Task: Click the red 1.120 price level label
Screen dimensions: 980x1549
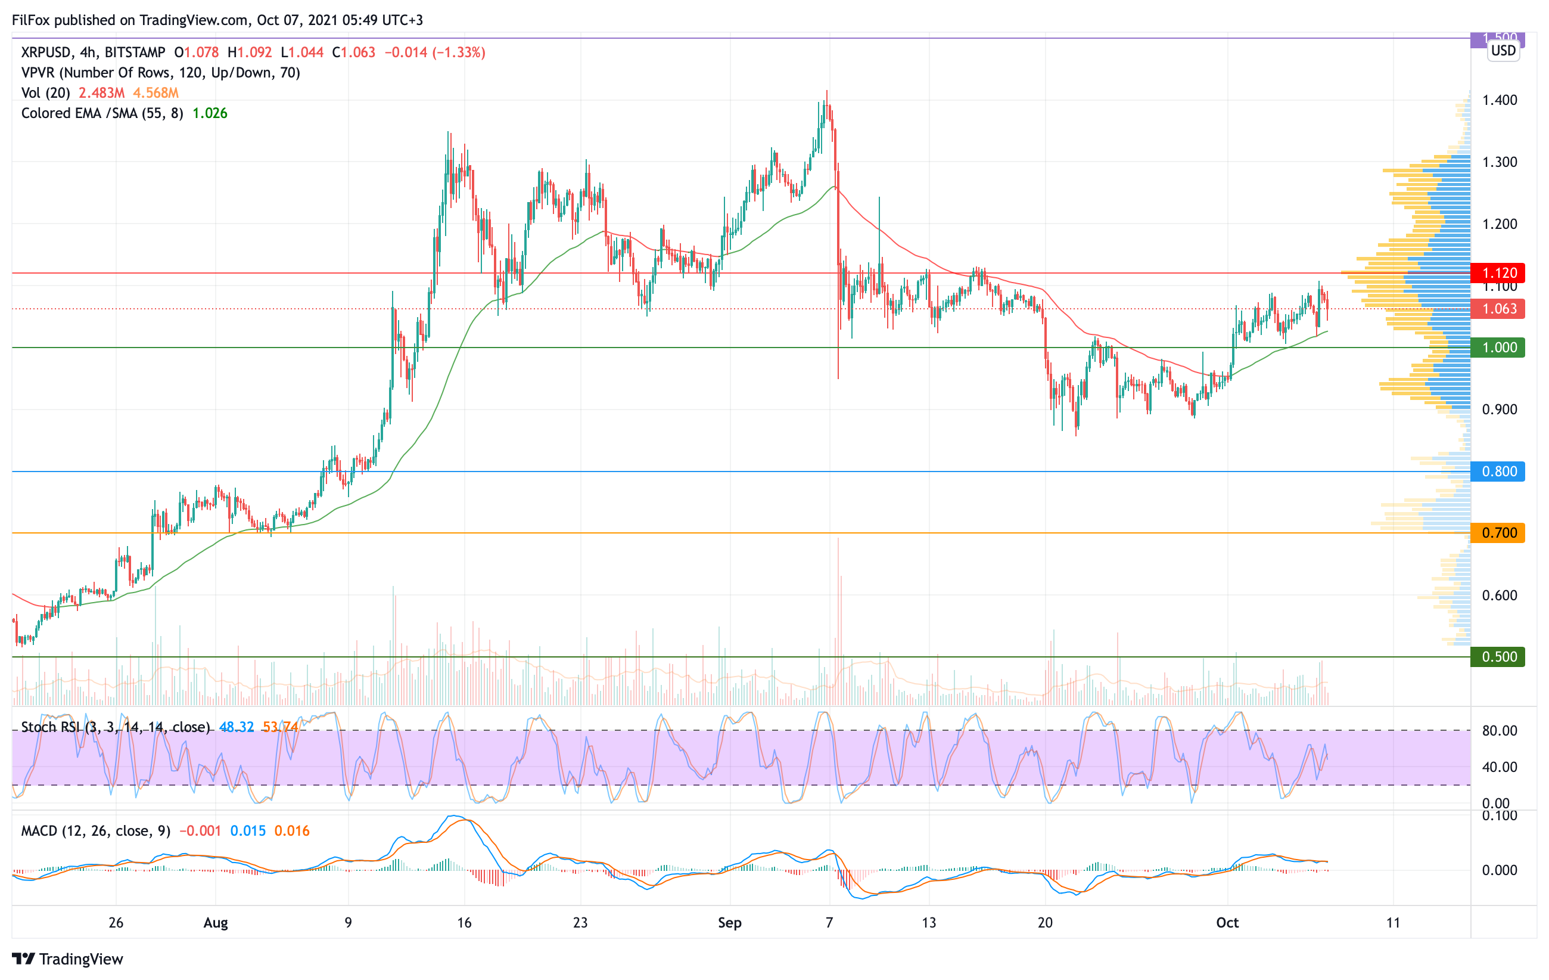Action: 1498,273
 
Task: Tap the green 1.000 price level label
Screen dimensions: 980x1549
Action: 1498,348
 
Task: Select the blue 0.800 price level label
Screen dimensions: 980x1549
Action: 1498,472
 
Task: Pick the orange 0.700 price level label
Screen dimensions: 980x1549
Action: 1498,533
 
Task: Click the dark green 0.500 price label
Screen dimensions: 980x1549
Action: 1498,657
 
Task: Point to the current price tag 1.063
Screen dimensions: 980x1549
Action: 1498,309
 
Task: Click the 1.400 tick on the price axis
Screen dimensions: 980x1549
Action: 1500,100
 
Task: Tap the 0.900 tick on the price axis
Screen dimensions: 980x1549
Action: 1500,410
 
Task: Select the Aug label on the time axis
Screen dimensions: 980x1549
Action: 216,923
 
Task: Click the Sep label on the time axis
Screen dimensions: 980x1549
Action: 729,923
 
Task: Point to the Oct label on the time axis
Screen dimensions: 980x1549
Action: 1227,923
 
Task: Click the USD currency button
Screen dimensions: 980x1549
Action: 1503,51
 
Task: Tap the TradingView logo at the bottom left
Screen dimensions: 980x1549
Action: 67,959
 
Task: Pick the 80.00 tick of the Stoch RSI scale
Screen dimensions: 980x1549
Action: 1500,731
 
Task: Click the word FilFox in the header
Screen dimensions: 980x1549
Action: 31,20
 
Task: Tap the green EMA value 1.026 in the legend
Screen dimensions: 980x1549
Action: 210,113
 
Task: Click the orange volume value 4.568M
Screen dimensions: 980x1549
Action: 155,92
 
